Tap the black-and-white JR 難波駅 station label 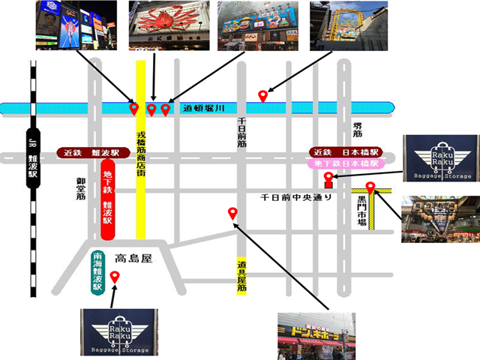pyautogui.click(x=32, y=160)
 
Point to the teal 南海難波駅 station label pyautogui.click(x=97, y=272)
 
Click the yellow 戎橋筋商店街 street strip pyautogui.click(x=140, y=150)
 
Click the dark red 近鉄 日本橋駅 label pyautogui.click(x=343, y=152)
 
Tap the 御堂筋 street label pyautogui.click(x=80, y=191)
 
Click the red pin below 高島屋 pyautogui.click(x=114, y=278)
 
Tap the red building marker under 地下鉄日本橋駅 pyautogui.click(x=327, y=180)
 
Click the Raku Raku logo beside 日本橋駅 pyautogui.click(x=439, y=158)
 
